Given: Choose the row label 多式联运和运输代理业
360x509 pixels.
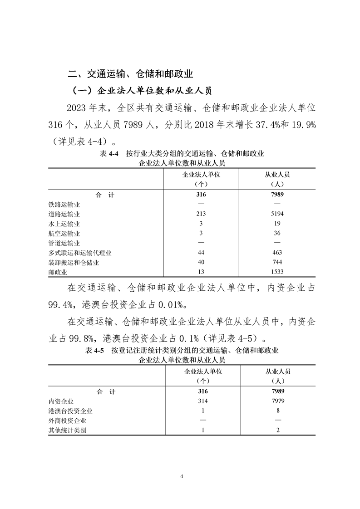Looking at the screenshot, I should point(80,253).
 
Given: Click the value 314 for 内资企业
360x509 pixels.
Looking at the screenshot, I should point(202,401).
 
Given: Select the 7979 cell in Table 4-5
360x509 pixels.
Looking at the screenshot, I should point(277,401).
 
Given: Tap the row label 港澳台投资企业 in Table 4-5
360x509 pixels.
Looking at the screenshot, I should point(70,411).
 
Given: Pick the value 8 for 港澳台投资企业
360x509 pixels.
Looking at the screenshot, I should point(277,411).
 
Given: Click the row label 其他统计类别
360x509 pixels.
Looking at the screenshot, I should point(67,431).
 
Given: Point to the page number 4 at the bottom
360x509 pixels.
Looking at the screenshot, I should point(181,476).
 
